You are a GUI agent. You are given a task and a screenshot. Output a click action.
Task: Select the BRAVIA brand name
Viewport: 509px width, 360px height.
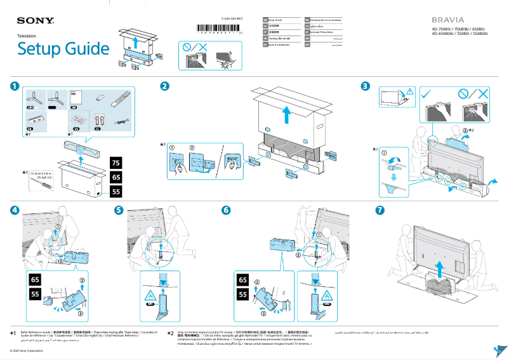[447, 20]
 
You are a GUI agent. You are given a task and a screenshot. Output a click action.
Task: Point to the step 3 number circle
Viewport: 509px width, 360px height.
[365, 86]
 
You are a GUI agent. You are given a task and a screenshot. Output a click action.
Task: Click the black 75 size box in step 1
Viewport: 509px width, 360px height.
[116, 163]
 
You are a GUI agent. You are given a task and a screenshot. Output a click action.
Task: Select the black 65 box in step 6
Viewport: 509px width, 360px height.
[242, 279]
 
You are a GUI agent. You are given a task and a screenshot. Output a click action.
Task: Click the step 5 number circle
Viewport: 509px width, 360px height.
[119, 210]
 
